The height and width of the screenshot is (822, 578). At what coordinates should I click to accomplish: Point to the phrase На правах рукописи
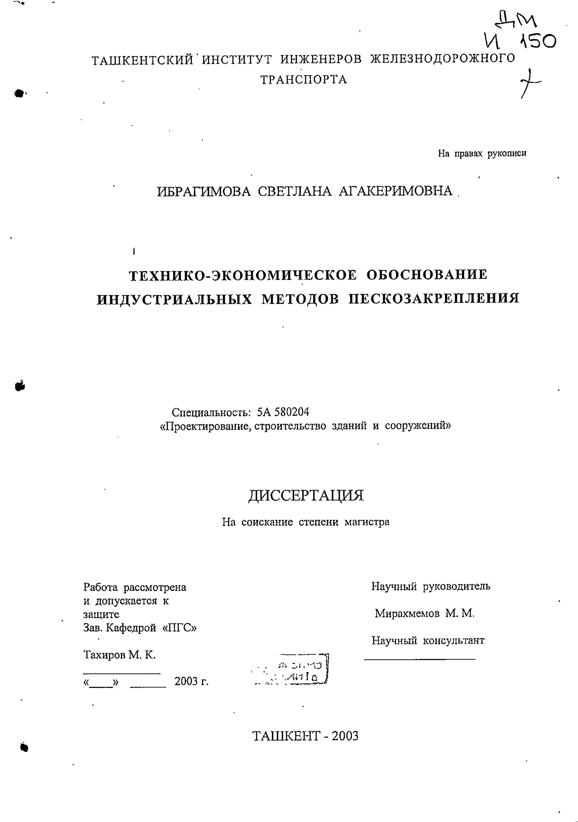tap(482, 154)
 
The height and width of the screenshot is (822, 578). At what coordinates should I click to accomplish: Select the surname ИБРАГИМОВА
tap(204, 192)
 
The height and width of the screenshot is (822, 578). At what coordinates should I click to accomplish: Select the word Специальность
tap(211, 413)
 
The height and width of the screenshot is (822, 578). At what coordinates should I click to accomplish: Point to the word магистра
tap(367, 522)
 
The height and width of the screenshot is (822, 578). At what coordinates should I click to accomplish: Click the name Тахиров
tap(105, 655)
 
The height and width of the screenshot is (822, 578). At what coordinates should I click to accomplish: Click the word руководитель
tap(456, 586)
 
